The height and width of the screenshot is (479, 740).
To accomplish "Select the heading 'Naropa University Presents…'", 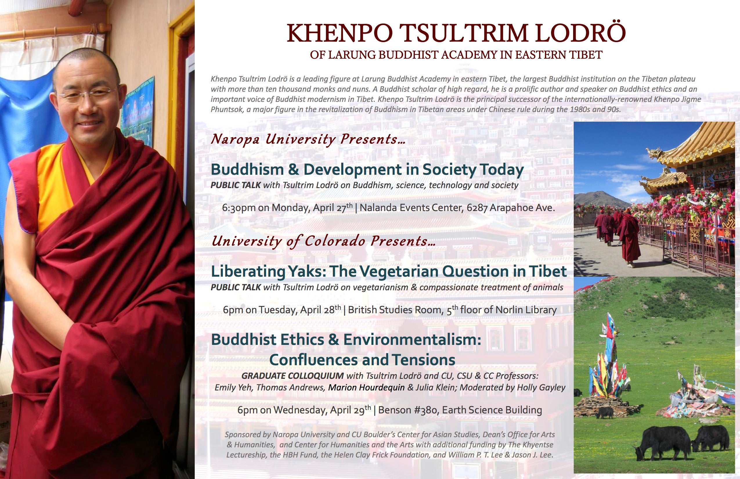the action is [x=308, y=139].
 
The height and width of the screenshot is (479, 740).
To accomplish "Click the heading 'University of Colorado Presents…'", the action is [x=323, y=241].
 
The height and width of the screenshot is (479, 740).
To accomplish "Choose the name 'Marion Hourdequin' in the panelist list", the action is [x=366, y=388].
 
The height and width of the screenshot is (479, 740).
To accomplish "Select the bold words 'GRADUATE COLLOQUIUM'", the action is [x=293, y=376].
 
